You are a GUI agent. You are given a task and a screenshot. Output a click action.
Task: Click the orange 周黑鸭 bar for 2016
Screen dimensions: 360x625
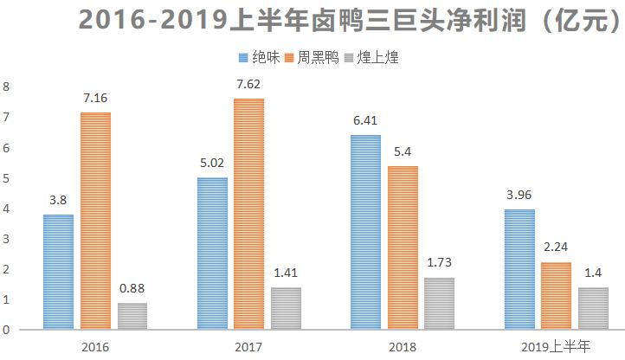pos(95,221)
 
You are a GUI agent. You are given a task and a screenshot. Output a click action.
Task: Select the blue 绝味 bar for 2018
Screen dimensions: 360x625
pos(365,232)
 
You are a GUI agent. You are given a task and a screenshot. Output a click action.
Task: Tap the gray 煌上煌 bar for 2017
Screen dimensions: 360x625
pos(285,308)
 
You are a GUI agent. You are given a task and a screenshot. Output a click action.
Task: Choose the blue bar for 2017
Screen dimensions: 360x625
pos(212,253)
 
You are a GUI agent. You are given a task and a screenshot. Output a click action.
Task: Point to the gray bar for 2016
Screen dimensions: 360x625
pos(132,316)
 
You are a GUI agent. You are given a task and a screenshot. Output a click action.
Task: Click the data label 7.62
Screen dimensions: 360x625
pos(248,85)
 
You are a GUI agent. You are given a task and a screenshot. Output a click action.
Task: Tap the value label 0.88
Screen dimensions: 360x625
pos(132,289)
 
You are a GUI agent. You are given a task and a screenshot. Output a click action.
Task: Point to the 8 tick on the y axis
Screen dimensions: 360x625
pos(6,87)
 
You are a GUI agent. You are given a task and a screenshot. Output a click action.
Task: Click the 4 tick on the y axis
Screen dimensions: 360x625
pos(6,209)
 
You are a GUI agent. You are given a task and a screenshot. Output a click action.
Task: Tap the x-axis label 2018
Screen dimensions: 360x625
pos(403,347)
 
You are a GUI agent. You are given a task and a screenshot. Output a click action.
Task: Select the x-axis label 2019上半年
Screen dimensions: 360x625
pos(557,347)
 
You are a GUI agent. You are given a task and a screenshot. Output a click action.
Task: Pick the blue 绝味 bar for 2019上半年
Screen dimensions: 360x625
pos(519,269)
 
